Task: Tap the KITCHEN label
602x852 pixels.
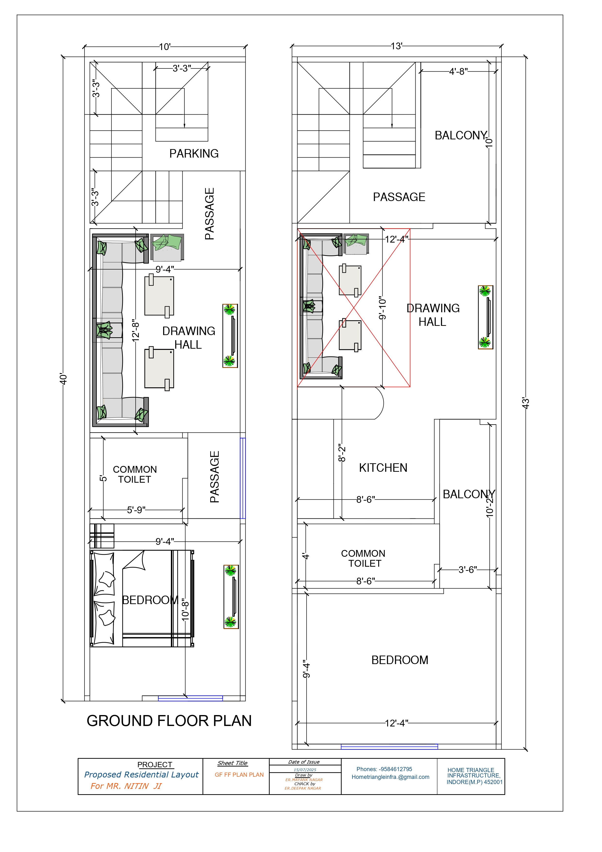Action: [383, 468]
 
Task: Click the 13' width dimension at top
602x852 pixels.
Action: [396, 46]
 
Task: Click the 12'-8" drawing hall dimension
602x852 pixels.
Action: [136, 331]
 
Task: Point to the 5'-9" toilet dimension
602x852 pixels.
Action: [136, 510]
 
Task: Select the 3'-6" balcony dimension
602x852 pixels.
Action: [468, 570]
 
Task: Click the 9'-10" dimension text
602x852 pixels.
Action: [382, 308]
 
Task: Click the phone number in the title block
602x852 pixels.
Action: [384, 769]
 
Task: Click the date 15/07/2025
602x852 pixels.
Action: [305, 770]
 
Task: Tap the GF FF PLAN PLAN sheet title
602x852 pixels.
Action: [239, 775]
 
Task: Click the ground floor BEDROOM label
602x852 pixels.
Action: [150, 600]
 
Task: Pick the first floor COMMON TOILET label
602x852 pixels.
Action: [363, 558]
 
